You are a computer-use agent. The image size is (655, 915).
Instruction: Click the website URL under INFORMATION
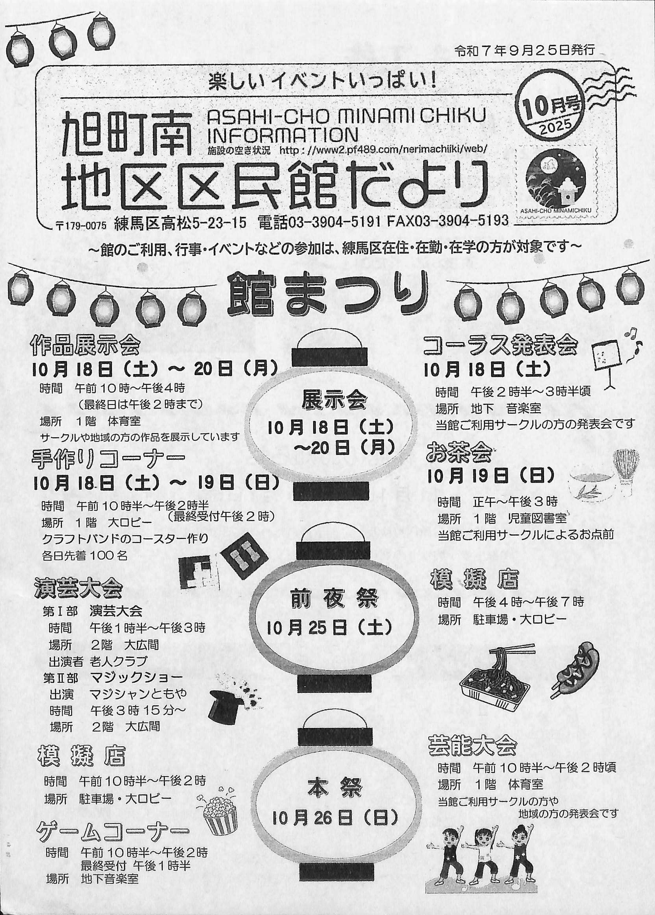click(383, 150)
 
